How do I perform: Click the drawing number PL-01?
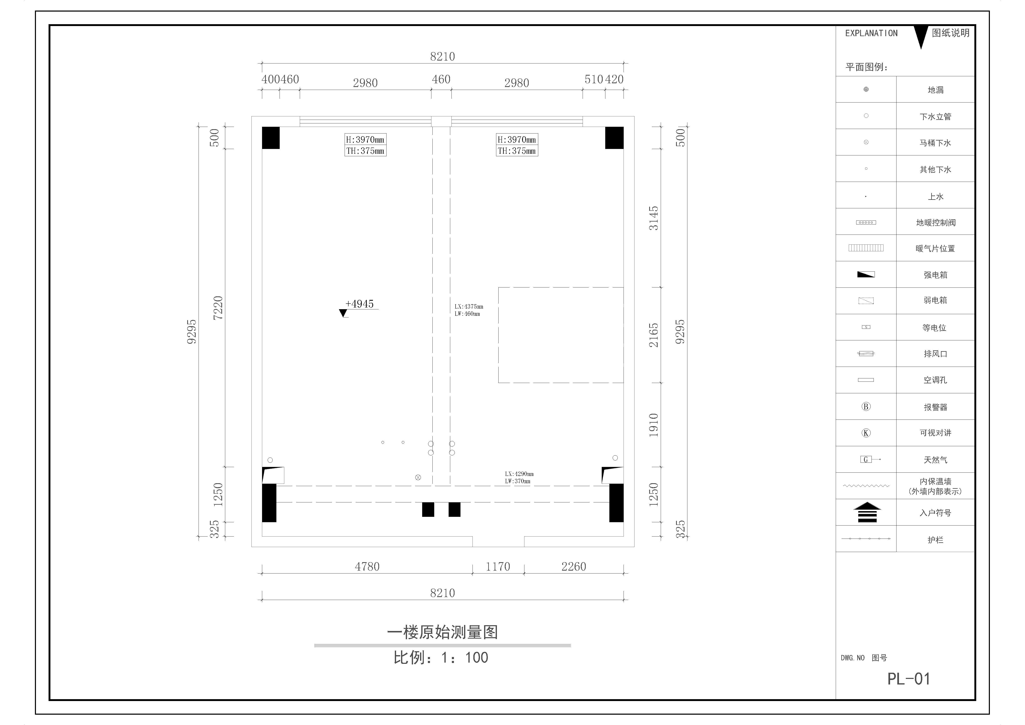(908, 679)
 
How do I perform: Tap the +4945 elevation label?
(359, 304)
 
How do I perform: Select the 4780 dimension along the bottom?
(367, 566)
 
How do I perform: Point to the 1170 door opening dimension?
(498, 566)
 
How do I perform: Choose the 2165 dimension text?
(654, 335)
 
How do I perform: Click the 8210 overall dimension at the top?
(442, 57)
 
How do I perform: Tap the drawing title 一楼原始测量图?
(442, 632)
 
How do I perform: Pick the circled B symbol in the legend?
(866, 407)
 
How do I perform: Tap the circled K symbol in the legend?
(866, 433)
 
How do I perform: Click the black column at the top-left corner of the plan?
(270, 138)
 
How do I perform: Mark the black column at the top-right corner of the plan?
(614, 138)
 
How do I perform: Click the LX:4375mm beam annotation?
(469, 307)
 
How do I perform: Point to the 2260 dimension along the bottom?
(574, 566)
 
